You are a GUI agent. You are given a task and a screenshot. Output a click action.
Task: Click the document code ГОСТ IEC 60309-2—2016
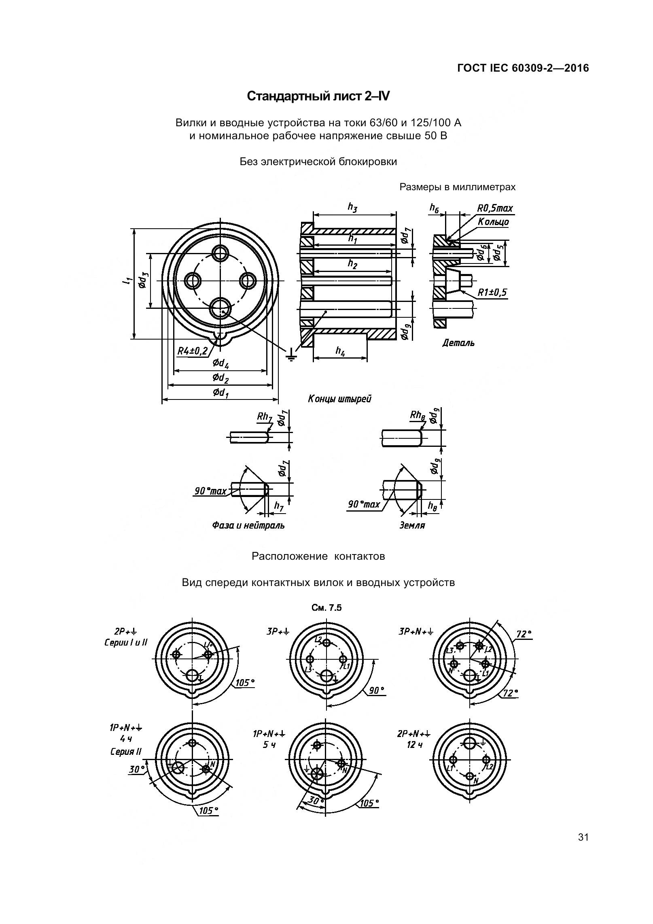coord(523,68)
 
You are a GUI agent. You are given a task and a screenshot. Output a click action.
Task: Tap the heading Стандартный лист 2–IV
coord(318,96)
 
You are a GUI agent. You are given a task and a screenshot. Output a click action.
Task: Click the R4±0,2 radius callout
coord(193,350)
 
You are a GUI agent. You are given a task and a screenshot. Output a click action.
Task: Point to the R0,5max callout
coord(494,208)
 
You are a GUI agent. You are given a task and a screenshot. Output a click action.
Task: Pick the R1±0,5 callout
coord(492,293)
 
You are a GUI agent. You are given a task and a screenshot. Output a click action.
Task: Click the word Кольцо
coord(493,222)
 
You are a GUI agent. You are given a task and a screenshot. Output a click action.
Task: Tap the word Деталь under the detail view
coord(458,343)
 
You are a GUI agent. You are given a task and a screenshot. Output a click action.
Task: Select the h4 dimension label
coord(340,351)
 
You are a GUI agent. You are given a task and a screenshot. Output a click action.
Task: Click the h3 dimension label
coord(352,207)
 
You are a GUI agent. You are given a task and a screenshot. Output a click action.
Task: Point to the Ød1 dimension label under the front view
coord(220,393)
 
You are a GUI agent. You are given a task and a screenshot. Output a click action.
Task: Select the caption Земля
coord(412,525)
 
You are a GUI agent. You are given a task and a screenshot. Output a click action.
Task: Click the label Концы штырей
coord(339,399)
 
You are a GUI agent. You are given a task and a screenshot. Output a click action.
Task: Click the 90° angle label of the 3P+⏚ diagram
coord(376,690)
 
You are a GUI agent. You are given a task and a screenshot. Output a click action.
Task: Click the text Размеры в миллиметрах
coord(458,187)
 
